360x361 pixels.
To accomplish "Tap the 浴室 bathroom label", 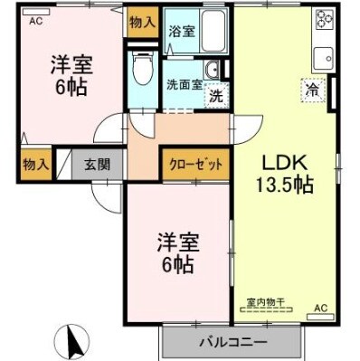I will [x=180, y=31].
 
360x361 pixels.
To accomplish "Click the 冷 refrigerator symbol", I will [x=311, y=90].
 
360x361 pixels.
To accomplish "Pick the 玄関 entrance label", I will [x=97, y=164].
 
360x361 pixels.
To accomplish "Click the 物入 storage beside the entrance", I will [x=35, y=164].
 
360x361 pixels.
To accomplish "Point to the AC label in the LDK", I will [x=319, y=309].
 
